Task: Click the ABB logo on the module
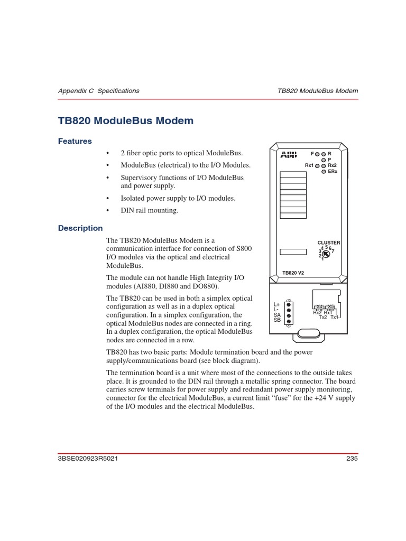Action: click(x=289, y=155)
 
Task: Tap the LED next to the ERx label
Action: click(x=324, y=172)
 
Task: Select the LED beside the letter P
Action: click(x=324, y=160)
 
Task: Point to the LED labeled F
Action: click(x=317, y=154)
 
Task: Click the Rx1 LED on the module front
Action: click(x=317, y=166)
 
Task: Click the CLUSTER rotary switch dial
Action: click(x=326, y=255)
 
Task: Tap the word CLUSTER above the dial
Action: click(x=328, y=242)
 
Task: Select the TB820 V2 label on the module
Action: click(x=293, y=273)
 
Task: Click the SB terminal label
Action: click(x=277, y=320)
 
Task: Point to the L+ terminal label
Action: click(x=276, y=305)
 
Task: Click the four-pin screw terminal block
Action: click(x=289, y=312)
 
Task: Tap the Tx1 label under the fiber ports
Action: click(x=335, y=317)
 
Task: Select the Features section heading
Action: click(x=75, y=141)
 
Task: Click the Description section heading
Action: click(x=80, y=228)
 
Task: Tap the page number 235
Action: click(x=352, y=459)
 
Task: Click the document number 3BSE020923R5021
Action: click(x=88, y=459)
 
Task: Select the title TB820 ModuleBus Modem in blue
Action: click(x=126, y=121)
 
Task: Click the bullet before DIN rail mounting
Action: click(x=108, y=211)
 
